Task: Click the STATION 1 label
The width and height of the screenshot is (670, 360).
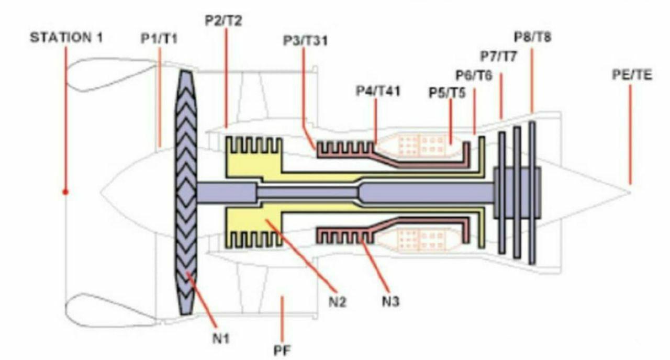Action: click(66, 38)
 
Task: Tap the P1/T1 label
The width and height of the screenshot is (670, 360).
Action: click(159, 39)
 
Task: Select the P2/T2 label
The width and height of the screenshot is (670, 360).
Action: click(224, 20)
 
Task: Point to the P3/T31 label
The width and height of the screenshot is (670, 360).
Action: click(305, 40)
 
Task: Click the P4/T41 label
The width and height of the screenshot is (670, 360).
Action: click(378, 91)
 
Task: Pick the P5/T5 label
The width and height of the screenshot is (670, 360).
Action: click(447, 93)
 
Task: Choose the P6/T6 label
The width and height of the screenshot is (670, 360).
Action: click(474, 75)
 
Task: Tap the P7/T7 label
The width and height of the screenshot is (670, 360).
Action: click(499, 56)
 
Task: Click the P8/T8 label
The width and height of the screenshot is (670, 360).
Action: click(532, 37)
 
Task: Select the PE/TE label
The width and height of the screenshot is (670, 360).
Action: click(632, 75)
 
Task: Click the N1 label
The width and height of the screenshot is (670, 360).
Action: click(221, 339)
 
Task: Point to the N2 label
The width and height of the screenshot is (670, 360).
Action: click(338, 302)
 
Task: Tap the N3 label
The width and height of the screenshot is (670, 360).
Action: click(390, 301)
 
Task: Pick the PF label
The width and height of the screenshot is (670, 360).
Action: click(282, 351)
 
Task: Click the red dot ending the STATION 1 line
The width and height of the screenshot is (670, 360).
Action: click(65, 192)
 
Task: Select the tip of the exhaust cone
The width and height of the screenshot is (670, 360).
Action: click(631, 193)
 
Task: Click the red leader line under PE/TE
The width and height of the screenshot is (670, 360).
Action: click(630, 134)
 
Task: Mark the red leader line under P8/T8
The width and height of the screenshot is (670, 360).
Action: click(532, 81)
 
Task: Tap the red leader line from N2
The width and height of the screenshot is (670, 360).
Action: click(301, 256)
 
